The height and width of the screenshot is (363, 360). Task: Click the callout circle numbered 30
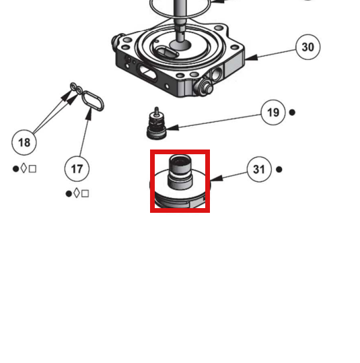(308, 47)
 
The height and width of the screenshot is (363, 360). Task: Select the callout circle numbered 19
(273, 112)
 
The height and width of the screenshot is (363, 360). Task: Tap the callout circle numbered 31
(259, 169)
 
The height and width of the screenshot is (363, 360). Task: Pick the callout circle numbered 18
(24, 142)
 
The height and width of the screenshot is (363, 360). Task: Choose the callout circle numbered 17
(77, 169)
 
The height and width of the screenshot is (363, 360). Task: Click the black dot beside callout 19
(292, 112)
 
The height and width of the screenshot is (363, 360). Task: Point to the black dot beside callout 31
(279, 170)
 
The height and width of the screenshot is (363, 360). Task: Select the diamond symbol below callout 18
(24, 168)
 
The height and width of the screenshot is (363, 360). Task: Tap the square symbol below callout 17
(85, 193)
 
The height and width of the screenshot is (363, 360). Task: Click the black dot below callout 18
(15, 169)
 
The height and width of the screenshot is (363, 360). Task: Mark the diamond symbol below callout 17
(77, 193)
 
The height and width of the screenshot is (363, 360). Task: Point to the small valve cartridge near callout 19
(156, 125)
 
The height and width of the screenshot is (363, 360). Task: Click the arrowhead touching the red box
(216, 178)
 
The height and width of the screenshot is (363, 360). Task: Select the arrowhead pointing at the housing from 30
(251, 58)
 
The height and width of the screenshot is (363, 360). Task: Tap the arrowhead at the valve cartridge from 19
(172, 127)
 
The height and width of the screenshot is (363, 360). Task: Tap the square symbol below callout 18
(32, 169)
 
